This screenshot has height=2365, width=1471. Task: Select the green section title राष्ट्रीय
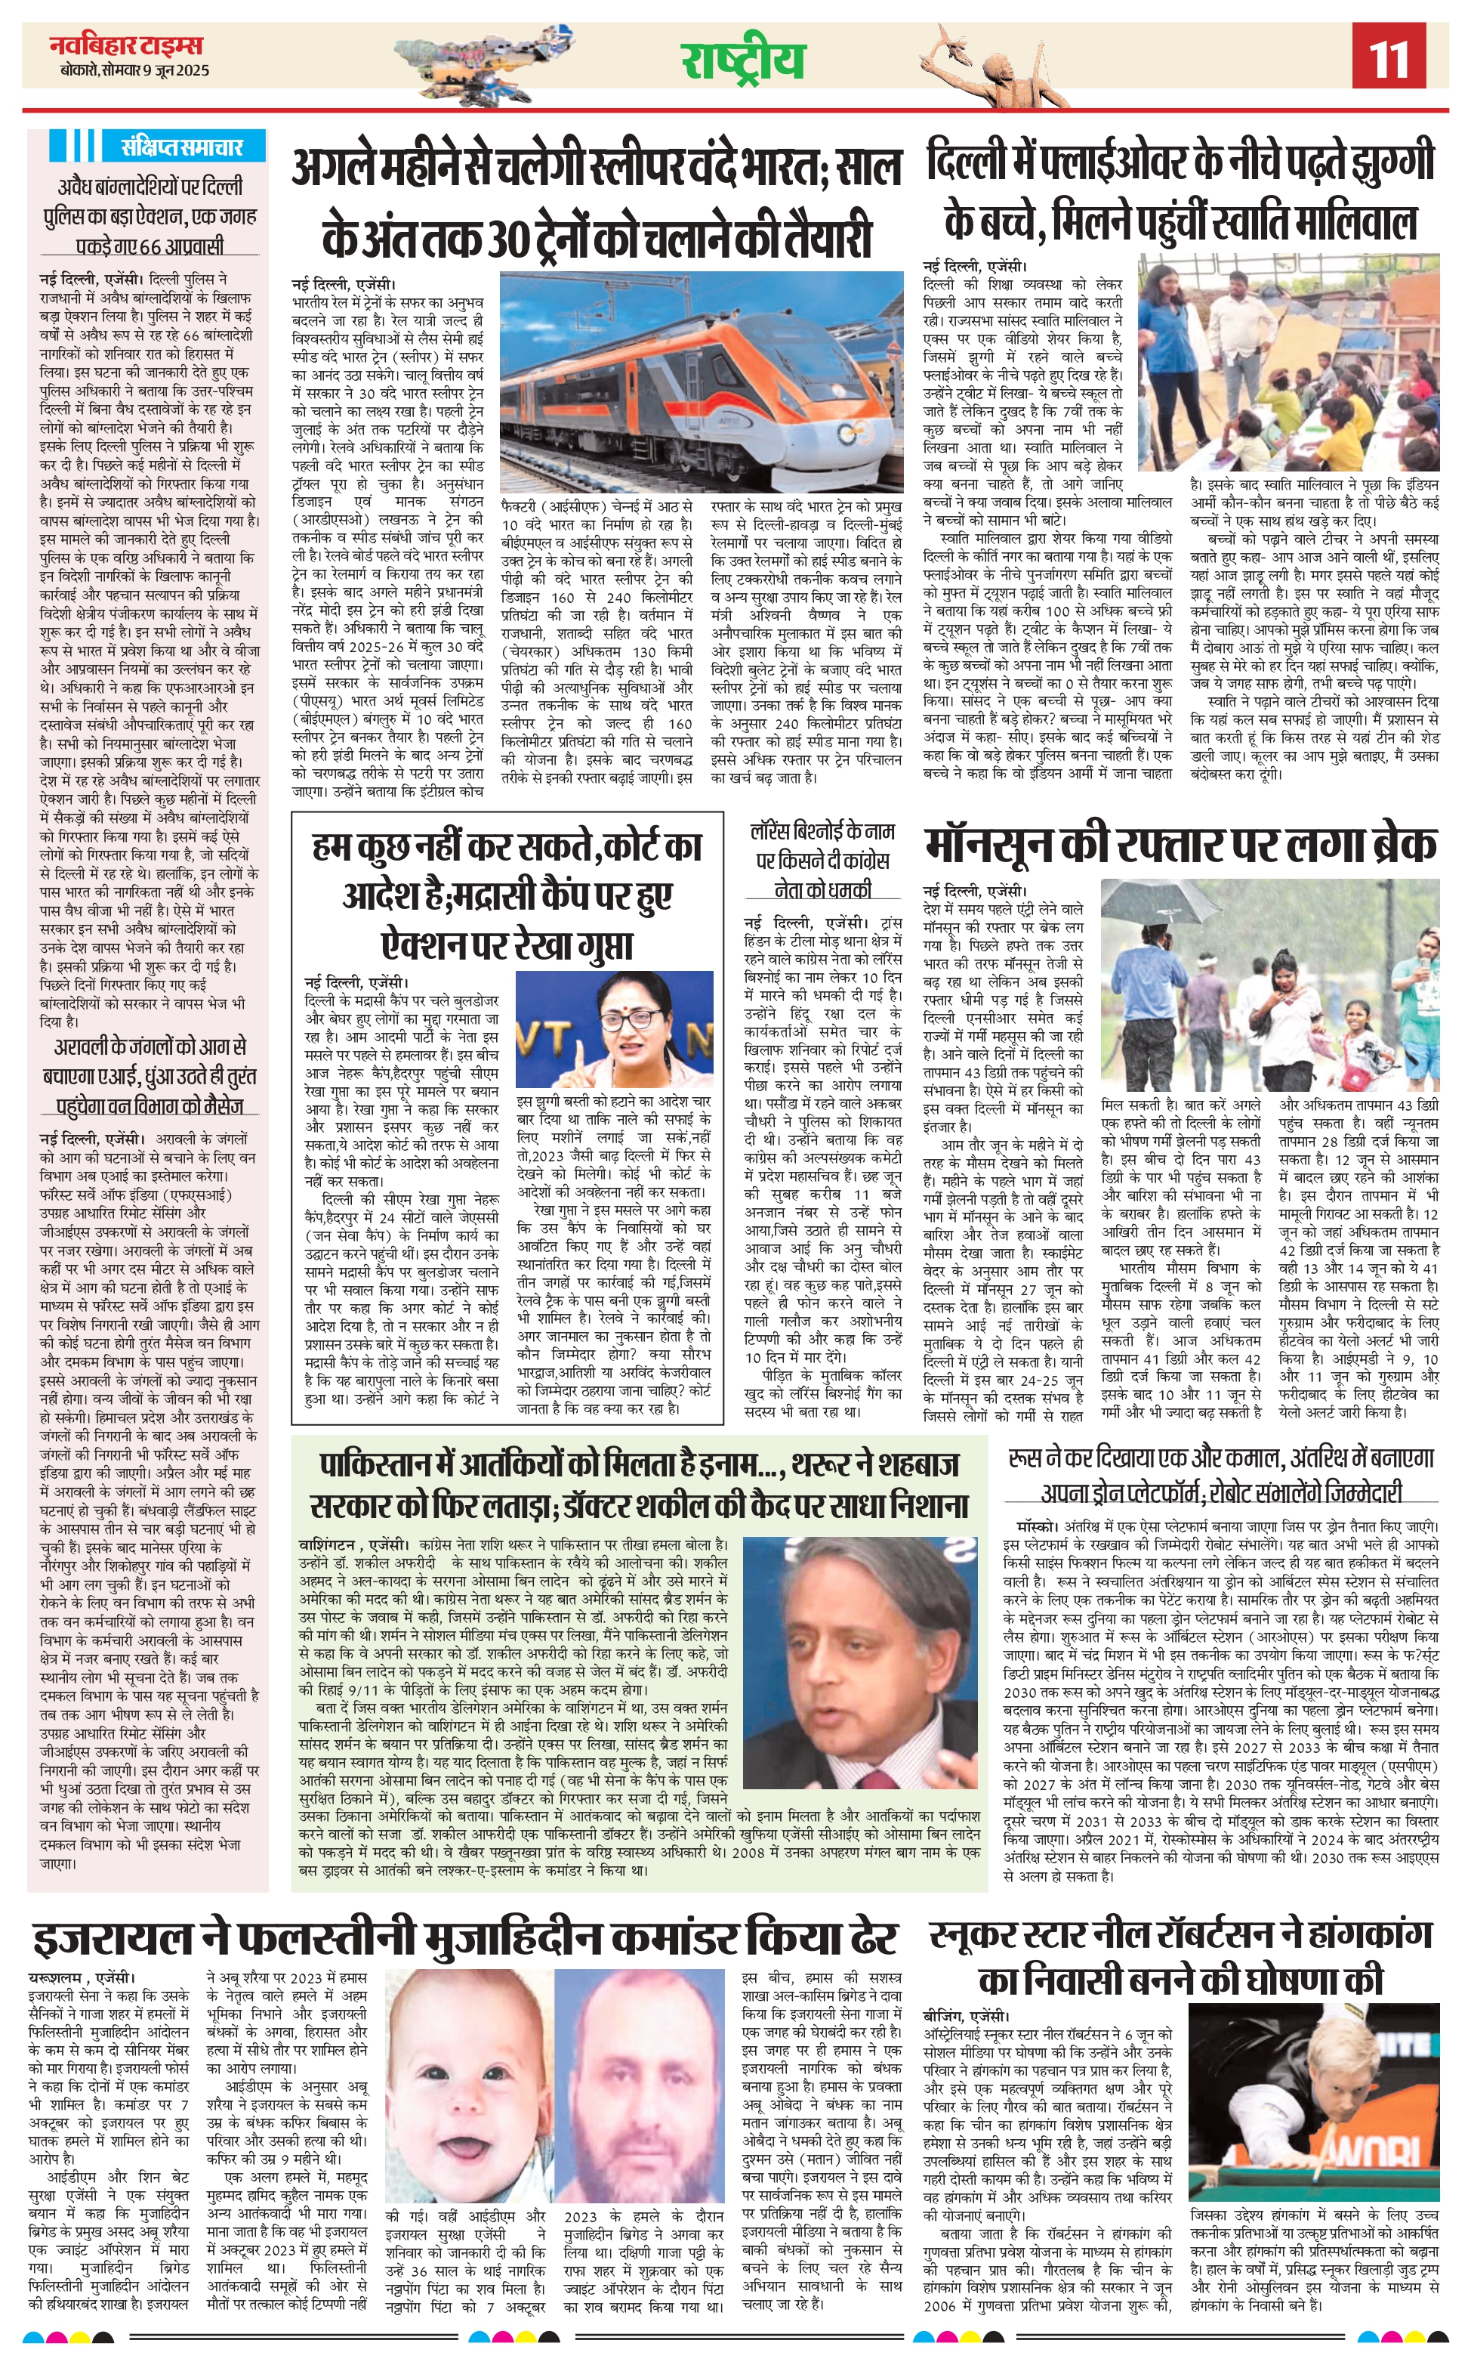click(742, 60)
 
